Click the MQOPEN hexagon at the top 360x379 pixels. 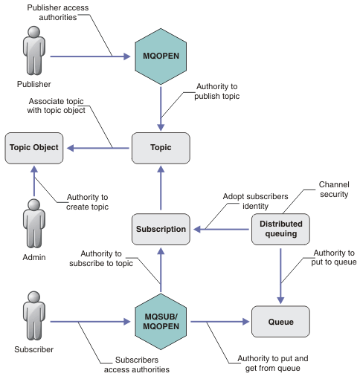point(161,55)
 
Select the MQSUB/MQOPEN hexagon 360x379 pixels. point(161,323)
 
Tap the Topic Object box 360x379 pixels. point(34,148)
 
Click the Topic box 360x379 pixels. point(161,148)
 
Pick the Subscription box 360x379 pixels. point(161,229)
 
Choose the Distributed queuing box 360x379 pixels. point(280,229)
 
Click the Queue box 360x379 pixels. point(280,323)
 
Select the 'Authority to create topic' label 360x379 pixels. point(88,201)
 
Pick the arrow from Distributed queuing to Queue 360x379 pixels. point(280,276)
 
